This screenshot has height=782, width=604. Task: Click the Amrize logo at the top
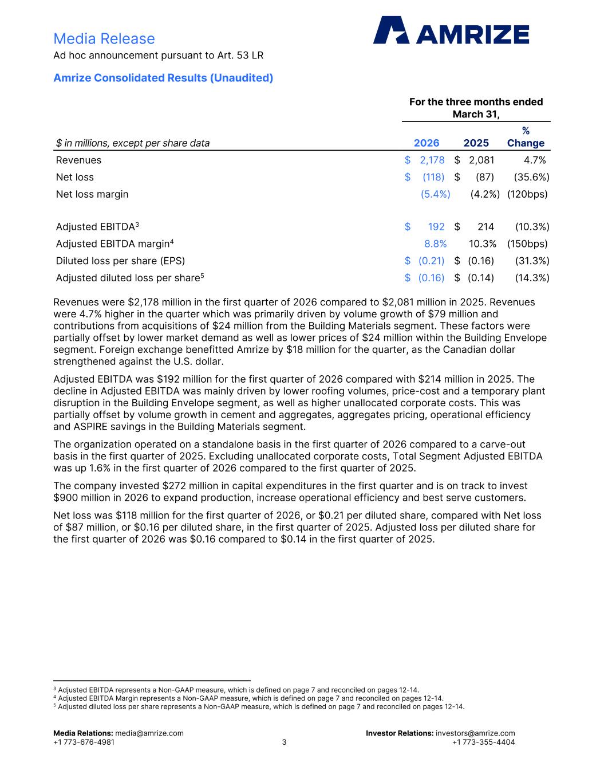point(451,30)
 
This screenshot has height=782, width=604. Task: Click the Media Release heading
point(104,39)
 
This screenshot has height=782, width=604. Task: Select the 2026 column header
point(427,143)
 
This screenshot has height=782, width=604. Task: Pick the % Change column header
point(526,137)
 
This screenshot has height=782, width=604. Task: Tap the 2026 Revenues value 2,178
point(432,160)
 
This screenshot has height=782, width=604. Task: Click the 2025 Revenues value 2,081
point(481,160)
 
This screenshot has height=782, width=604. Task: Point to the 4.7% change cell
point(535,160)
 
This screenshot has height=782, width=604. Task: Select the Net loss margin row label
point(92,194)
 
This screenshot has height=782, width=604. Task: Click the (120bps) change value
point(527,194)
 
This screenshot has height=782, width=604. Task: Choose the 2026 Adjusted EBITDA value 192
point(436,227)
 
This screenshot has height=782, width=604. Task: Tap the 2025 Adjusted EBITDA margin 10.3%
point(483,244)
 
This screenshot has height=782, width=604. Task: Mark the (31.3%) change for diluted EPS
point(532,261)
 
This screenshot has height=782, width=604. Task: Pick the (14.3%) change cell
point(532,278)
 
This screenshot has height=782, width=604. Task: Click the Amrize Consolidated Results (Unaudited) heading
point(163,78)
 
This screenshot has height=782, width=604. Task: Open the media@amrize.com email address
point(149,733)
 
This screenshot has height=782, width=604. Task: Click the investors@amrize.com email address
point(475,733)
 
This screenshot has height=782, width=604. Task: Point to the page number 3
point(284,742)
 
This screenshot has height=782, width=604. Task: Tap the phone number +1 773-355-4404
point(483,742)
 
